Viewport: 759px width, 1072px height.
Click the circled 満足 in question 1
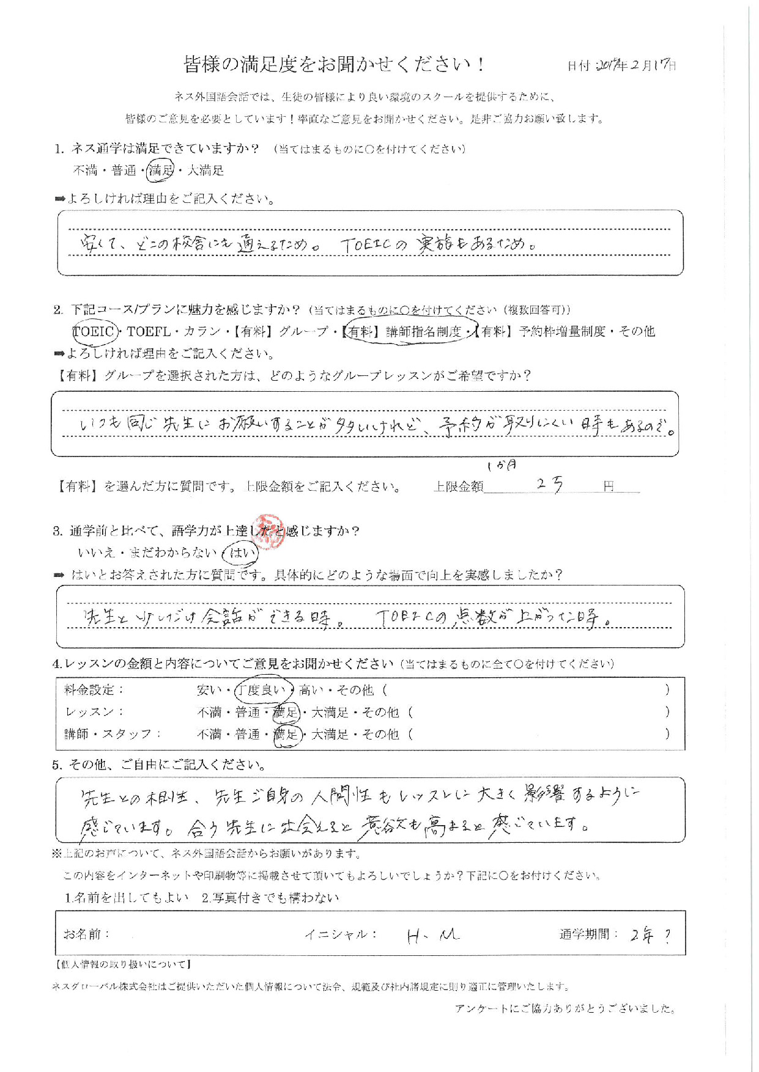(x=161, y=171)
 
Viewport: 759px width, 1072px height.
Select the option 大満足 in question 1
(x=205, y=171)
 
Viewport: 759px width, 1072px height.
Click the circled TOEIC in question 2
(x=94, y=331)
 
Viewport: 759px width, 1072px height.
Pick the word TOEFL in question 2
(x=149, y=331)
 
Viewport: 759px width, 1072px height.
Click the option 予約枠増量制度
(x=562, y=331)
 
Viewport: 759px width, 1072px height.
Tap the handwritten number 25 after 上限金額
(x=549, y=485)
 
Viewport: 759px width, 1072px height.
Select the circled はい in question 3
(x=241, y=553)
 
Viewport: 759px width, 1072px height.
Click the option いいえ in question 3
(x=96, y=553)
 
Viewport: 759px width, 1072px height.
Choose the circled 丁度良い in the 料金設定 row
(x=264, y=690)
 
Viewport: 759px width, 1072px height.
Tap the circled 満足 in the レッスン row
(x=286, y=712)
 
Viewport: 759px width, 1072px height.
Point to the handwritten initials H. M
(x=433, y=934)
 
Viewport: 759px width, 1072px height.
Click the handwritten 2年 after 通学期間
(x=642, y=934)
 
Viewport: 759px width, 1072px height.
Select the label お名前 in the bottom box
(x=86, y=934)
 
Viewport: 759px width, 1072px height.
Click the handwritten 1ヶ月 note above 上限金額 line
(x=502, y=466)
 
